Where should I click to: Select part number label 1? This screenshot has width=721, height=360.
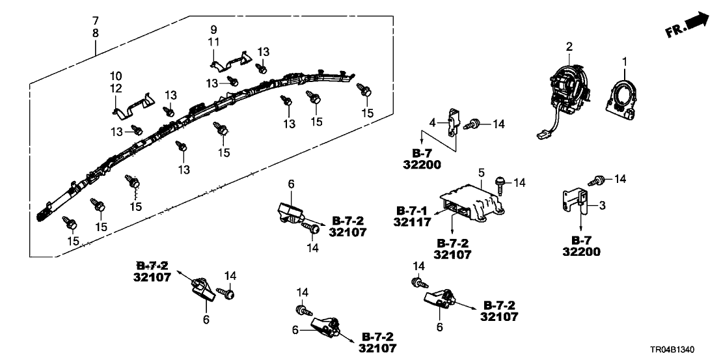click(x=625, y=62)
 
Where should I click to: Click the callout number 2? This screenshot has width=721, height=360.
click(x=569, y=46)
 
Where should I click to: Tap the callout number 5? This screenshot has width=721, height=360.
click(x=481, y=173)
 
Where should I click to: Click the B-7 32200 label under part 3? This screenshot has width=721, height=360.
click(x=581, y=246)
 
